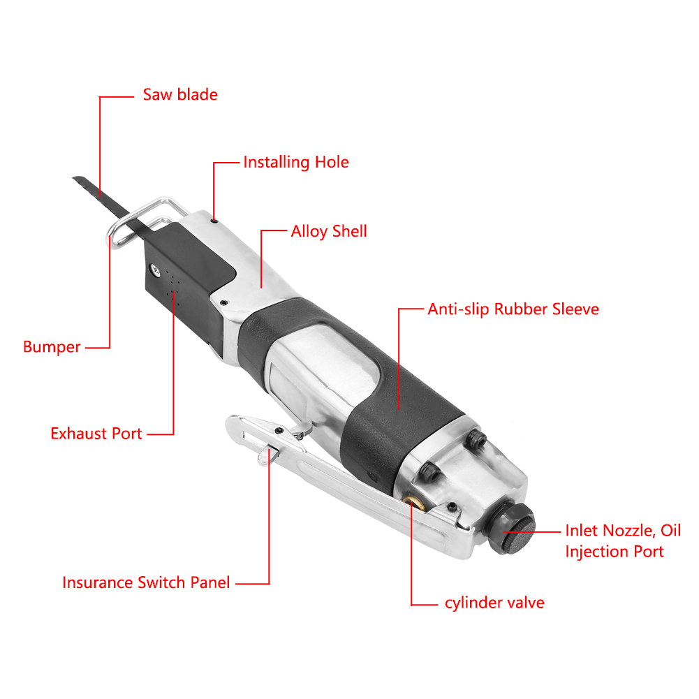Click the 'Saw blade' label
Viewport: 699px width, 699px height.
(x=180, y=95)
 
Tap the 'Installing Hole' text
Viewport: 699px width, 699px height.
(x=295, y=163)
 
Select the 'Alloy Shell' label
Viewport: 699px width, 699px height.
(x=328, y=232)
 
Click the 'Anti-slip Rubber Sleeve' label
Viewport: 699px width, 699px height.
(x=513, y=309)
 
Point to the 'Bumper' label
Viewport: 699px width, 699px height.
(x=52, y=347)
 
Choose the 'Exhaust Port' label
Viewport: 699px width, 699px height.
(x=96, y=434)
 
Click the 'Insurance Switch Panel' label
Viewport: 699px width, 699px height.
(x=146, y=582)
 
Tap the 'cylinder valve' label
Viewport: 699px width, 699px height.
(x=494, y=603)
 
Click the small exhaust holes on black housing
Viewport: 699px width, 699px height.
(x=172, y=287)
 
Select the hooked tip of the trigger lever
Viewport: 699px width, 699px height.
(x=235, y=422)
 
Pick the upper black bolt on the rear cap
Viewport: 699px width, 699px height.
(x=478, y=438)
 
